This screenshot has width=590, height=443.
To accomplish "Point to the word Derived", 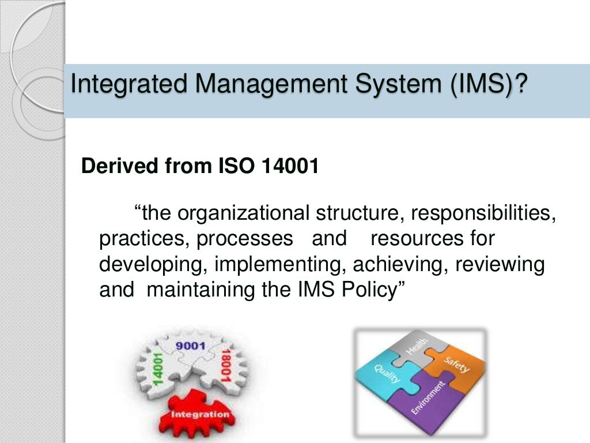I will [117, 166].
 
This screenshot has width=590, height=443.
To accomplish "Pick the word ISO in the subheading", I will [232, 166].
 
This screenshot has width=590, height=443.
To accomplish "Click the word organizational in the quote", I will [244, 213].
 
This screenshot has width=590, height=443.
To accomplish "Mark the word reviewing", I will [500, 264].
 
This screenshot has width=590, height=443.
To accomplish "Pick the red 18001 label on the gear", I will [226, 368].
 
